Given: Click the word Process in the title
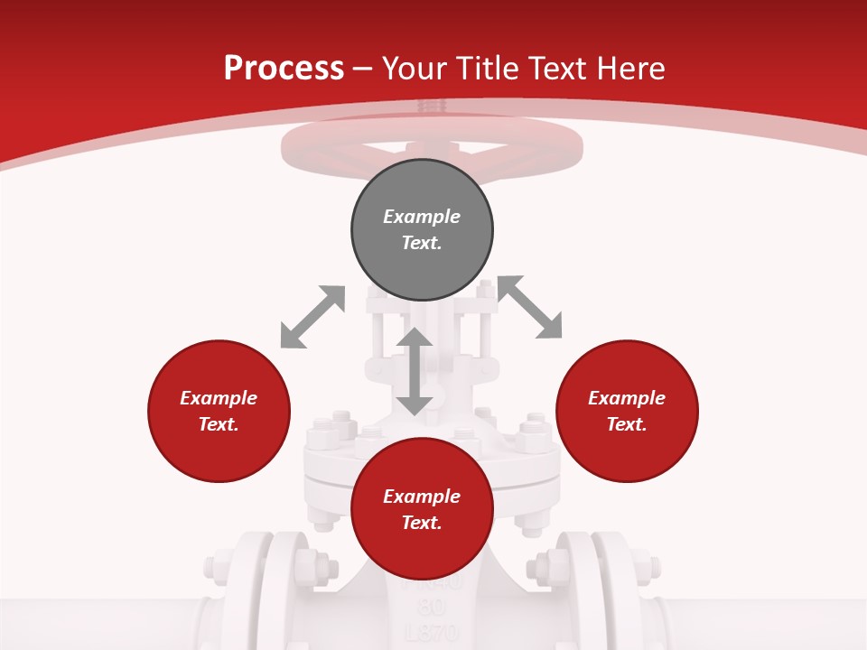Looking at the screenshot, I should coord(284,69).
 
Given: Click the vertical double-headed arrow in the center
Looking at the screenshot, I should coord(415,371).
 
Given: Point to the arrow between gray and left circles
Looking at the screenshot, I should coord(312,317).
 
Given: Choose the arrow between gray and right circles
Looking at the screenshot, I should coord(530,308).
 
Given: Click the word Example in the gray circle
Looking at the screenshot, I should coord(422,217).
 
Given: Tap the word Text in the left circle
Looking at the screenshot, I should coord(219,424).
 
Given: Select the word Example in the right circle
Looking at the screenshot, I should coord(627,398).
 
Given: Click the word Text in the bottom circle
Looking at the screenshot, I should coord(422,523).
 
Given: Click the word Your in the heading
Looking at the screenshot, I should coord(415,69).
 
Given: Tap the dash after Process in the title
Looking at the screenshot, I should coord(363,70).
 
